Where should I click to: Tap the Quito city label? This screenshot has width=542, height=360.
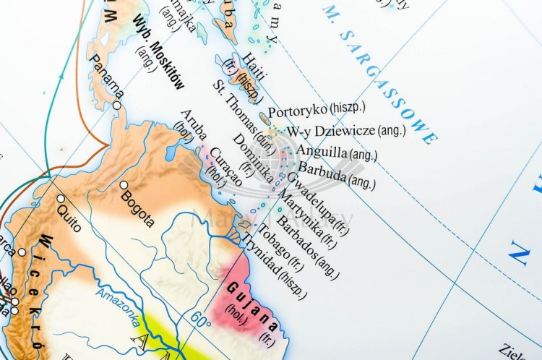(69, 214)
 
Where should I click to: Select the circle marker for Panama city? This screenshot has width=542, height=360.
(116, 106)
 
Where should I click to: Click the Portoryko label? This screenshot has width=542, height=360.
(298, 111)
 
